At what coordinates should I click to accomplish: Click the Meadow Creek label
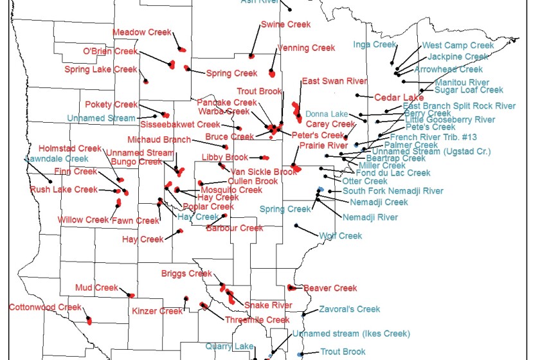[x=141, y=32]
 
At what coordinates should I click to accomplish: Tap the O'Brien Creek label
[x=111, y=51]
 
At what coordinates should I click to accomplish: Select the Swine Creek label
[x=285, y=24]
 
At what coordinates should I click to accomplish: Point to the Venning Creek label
[x=306, y=48]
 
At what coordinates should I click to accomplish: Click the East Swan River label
[x=334, y=82]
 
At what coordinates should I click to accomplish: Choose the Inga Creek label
[x=375, y=45]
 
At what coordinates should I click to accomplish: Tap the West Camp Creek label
[x=458, y=46]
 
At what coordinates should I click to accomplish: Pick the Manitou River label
[x=462, y=83]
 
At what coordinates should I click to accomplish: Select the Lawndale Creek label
[x=57, y=159]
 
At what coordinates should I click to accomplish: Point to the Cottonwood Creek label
[x=45, y=307]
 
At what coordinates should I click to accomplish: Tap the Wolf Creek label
[x=341, y=236]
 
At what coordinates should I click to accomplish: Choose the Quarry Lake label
[x=230, y=346]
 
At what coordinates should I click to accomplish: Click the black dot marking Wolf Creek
[x=296, y=226]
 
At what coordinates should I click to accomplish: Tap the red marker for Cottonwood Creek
[x=89, y=320]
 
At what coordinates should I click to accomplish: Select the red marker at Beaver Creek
[x=291, y=287]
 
